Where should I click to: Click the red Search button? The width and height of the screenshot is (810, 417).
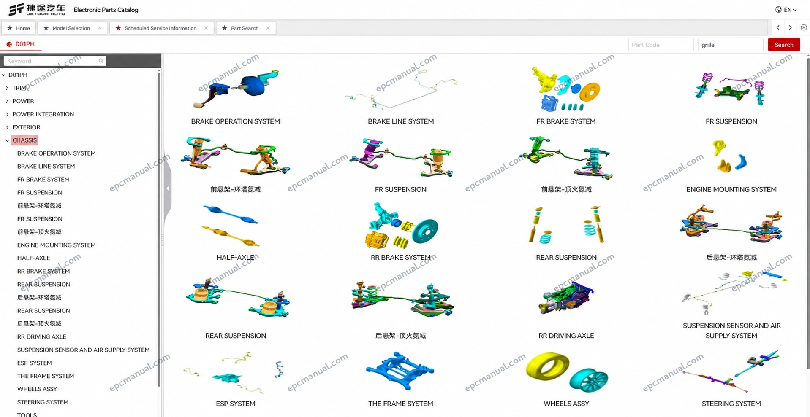click(783, 45)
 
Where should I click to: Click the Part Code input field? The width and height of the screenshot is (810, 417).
click(661, 45)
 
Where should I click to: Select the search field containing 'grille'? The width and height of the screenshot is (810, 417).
click(730, 45)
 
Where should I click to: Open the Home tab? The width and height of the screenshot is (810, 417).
click(19, 28)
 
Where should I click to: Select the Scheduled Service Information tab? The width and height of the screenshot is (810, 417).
click(161, 28)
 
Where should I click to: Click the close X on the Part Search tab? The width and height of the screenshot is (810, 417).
click(268, 28)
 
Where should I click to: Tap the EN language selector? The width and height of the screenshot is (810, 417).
click(786, 10)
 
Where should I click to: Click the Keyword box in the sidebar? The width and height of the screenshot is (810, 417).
click(55, 61)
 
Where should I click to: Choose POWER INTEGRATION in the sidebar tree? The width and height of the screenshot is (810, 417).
click(43, 114)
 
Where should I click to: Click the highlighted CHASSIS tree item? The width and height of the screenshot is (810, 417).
click(24, 140)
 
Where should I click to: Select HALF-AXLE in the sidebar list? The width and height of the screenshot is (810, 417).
click(33, 258)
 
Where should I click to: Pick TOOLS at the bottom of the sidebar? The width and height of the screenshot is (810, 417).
click(27, 414)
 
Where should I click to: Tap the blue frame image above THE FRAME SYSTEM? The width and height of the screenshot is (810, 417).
click(400, 370)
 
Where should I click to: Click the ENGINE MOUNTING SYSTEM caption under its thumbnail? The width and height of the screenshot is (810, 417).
click(731, 189)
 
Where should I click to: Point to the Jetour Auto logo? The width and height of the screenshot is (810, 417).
click(37, 10)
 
